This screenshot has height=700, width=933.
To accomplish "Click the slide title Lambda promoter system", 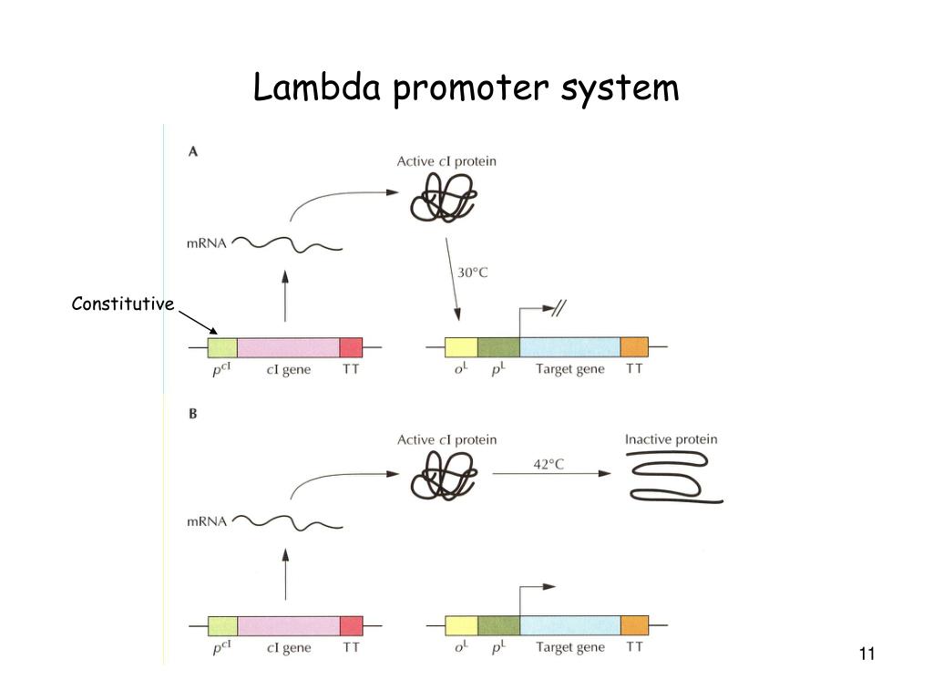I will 466,88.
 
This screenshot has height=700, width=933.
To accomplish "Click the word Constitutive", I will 122,304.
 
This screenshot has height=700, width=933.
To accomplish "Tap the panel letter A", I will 192,152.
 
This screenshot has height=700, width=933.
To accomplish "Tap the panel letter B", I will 192,413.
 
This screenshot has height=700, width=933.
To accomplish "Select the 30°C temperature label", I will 472,273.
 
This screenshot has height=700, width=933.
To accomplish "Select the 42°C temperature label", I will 549,464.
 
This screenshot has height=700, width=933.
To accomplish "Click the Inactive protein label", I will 671,439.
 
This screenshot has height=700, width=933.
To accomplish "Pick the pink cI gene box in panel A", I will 288,347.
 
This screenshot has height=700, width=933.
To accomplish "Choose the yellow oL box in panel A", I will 461,347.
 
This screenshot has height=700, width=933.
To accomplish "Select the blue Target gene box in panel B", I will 569,625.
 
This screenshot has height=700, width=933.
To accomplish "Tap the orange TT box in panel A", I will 634,347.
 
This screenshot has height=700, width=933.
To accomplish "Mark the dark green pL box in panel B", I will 498,625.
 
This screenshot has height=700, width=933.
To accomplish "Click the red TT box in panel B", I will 351,625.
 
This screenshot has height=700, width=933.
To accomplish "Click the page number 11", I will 866,654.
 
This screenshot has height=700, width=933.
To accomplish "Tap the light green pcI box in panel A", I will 222,347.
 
